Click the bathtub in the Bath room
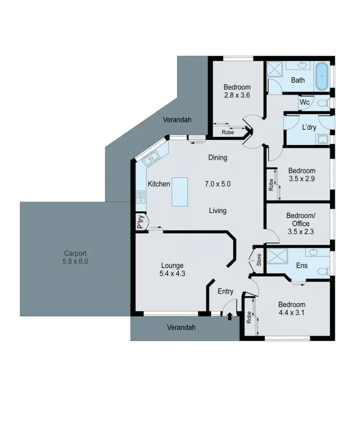pos(323,76)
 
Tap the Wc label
pos(304,102)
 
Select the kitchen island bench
pos(180,192)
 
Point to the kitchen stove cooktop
pos(141,196)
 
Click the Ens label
pos(302,265)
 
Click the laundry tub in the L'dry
pos(322,140)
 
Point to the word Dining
pos(217,157)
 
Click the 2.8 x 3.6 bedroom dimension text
pos(237,95)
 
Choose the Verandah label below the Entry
pos(182,328)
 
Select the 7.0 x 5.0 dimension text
pos(218,183)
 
